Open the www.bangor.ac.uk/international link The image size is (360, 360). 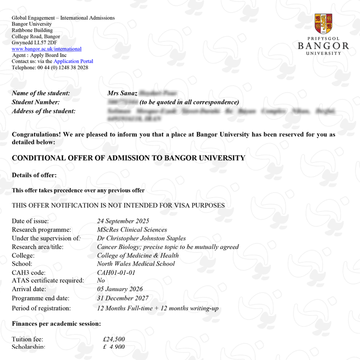tap(46, 49)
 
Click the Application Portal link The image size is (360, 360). tap(73, 61)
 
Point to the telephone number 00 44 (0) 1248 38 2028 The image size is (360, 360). tap(63, 67)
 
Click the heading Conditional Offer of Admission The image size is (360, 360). tap(128, 158)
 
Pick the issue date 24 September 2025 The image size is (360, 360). tap(122, 221)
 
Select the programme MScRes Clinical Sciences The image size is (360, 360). tap(132, 229)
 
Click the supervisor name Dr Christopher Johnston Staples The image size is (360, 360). tap(141, 238)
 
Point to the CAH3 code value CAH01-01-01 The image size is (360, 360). tap(116, 273)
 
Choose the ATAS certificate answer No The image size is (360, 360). tap(101, 280)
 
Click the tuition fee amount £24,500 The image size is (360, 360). tap(114, 339)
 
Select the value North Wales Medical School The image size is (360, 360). tap(136, 264)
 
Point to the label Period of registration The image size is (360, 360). tap(41, 308)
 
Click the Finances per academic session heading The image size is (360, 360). tap(56, 324)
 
